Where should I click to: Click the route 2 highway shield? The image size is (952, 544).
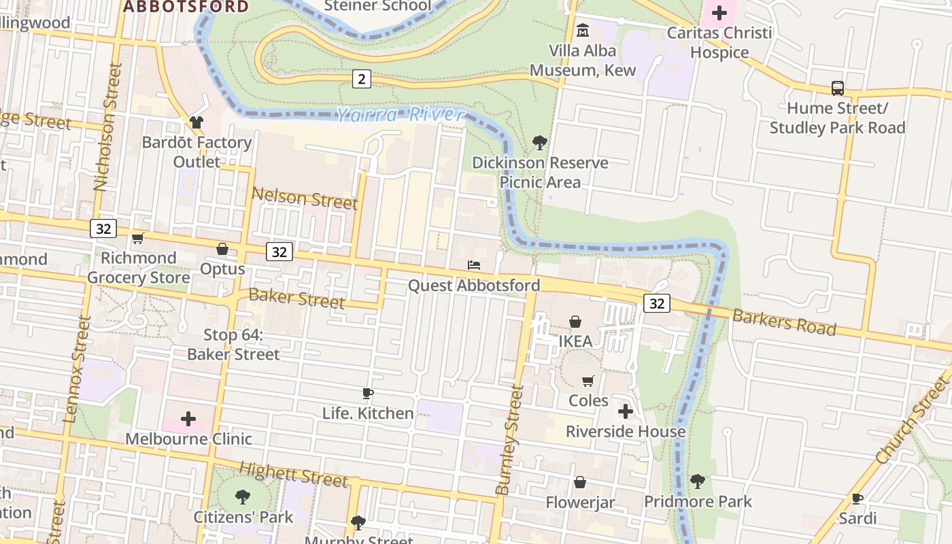(x=361, y=79)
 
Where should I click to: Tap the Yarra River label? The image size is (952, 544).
(x=401, y=115)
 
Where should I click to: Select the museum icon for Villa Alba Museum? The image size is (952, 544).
(x=583, y=31)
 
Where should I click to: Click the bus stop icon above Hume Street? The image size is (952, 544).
(x=838, y=88)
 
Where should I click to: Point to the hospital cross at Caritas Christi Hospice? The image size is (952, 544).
(x=719, y=13)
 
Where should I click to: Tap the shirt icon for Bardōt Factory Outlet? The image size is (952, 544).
(x=197, y=122)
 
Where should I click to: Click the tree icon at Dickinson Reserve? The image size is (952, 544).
(x=540, y=143)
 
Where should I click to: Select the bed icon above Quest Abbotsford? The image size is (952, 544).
(x=474, y=265)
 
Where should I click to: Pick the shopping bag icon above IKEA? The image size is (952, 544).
(x=575, y=322)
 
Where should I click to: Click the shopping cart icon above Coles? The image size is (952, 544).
(x=588, y=381)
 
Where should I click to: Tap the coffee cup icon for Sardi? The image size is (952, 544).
(x=857, y=498)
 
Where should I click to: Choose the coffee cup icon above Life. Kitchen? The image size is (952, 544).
(x=368, y=393)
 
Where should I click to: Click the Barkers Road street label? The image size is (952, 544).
(x=783, y=322)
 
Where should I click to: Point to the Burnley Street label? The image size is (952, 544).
(x=510, y=440)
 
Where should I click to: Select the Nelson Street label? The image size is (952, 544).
(x=304, y=198)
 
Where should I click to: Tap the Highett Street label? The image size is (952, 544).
(x=293, y=473)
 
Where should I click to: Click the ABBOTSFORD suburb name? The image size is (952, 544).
(x=186, y=7)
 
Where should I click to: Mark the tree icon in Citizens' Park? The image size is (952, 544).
(x=243, y=497)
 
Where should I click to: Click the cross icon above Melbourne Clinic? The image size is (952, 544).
(x=188, y=419)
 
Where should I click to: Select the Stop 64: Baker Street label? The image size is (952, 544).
(x=233, y=345)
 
